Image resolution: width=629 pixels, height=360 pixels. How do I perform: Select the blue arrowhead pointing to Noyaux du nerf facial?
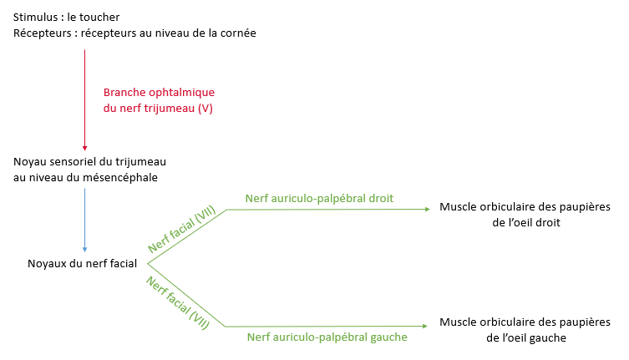(x=84, y=249)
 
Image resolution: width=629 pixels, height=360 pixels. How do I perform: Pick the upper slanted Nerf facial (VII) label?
(x=181, y=229)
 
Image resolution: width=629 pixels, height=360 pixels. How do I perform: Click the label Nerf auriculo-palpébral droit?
(x=319, y=198)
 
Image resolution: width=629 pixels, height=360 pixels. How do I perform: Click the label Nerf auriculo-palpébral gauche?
(x=327, y=337)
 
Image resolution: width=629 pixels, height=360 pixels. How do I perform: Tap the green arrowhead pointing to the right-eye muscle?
(x=429, y=209)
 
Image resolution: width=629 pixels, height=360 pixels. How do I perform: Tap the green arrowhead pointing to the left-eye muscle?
(x=429, y=326)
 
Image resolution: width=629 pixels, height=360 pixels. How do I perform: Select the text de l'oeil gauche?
(x=525, y=337)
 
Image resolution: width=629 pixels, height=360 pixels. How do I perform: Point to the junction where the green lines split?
(x=148, y=266)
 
